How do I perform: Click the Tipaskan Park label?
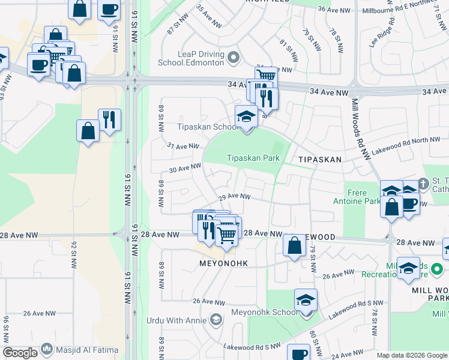click(x=253, y=158)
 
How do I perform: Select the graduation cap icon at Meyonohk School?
click(x=306, y=299)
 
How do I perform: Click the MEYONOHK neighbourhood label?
click(x=223, y=263)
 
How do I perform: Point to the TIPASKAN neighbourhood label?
click(x=320, y=160)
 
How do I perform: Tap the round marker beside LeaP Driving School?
click(x=234, y=58)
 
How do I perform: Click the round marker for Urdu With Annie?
click(x=214, y=320)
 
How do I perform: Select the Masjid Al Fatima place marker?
click(x=47, y=350)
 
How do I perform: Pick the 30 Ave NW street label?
click(x=185, y=169)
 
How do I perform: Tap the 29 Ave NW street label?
click(x=234, y=196)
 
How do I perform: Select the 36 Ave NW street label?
click(x=333, y=9)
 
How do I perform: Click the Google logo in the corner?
click(x=20, y=353)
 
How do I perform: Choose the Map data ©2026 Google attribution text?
click(x=412, y=355)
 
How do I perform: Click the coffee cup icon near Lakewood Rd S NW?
click(x=298, y=353)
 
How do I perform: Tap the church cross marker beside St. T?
click(x=423, y=182)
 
